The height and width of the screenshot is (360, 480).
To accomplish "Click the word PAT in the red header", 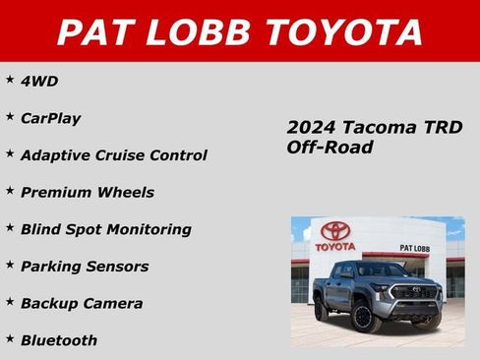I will click(92, 31).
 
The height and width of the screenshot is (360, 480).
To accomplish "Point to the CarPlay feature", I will click(50, 118).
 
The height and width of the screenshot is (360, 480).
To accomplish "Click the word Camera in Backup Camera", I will click(114, 304).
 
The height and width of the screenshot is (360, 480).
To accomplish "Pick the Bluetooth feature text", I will click(59, 340).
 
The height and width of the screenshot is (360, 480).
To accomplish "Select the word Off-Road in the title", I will click(330, 148).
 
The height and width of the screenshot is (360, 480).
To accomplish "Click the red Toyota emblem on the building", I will click(335, 230).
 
